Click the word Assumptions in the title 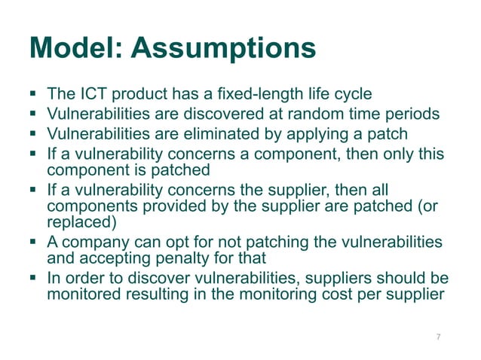point(222,49)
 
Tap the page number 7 point(438,337)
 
